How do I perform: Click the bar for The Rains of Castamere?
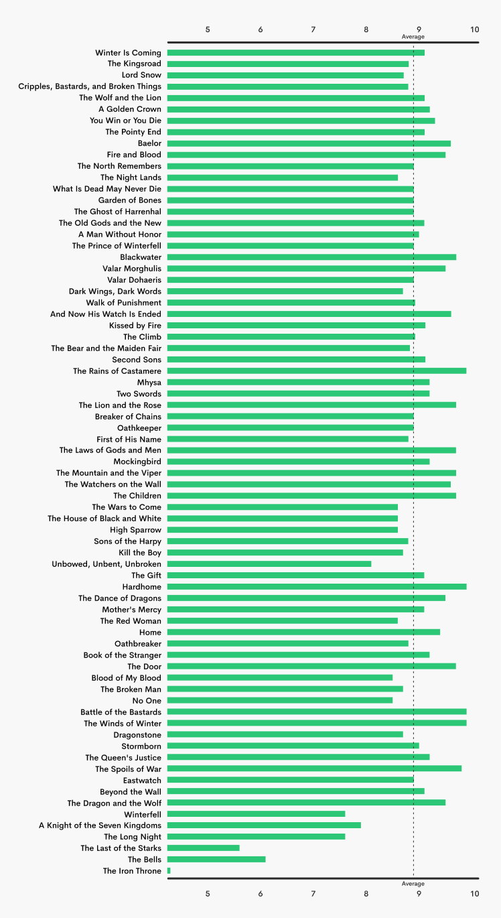coord(316,371)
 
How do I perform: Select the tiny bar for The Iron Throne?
coord(169,870)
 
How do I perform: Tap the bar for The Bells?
coord(216,859)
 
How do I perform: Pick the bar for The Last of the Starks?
coord(203,848)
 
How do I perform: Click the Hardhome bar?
coord(316,586)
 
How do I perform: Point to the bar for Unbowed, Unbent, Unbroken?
coord(269,564)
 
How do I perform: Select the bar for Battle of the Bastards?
coord(316,712)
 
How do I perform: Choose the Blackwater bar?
coord(311,257)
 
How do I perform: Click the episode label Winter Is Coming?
coord(128,52)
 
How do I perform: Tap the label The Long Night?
coord(133,836)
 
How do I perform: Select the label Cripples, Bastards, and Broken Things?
coord(90,86)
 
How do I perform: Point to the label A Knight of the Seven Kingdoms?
coord(100,825)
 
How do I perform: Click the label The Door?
coord(144,666)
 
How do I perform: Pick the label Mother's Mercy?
coord(131,609)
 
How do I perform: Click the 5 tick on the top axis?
coord(208,29)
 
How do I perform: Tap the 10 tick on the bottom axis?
coord(475,893)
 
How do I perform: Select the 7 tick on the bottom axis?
coord(313,893)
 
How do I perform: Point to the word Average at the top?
coord(413,37)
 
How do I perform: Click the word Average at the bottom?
coord(413,884)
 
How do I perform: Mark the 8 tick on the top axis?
coord(366,29)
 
